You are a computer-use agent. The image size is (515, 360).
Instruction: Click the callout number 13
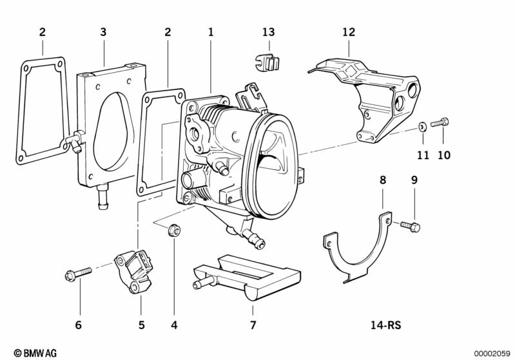click(268, 32)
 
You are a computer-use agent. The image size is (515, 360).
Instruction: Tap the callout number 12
click(349, 32)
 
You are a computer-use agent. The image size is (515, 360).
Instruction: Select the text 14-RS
click(386, 325)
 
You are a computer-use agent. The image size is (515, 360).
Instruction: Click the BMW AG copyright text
click(35, 353)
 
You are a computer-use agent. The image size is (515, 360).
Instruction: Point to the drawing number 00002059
click(492, 354)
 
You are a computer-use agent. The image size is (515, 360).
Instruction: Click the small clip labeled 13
click(267, 63)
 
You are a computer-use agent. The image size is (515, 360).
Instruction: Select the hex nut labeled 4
click(174, 230)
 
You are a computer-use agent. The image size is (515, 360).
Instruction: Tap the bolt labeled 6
click(78, 274)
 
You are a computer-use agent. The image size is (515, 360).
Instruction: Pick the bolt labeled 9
click(410, 226)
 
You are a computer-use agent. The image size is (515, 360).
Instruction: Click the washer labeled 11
click(422, 126)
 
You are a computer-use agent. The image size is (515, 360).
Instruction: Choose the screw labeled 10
click(440, 123)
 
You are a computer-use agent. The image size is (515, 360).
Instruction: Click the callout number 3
click(103, 32)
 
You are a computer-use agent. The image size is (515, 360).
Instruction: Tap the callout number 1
click(211, 32)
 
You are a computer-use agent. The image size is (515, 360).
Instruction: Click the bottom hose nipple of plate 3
click(102, 196)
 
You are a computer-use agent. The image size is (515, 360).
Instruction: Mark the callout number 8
click(383, 180)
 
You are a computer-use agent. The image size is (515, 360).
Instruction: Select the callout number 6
click(78, 325)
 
